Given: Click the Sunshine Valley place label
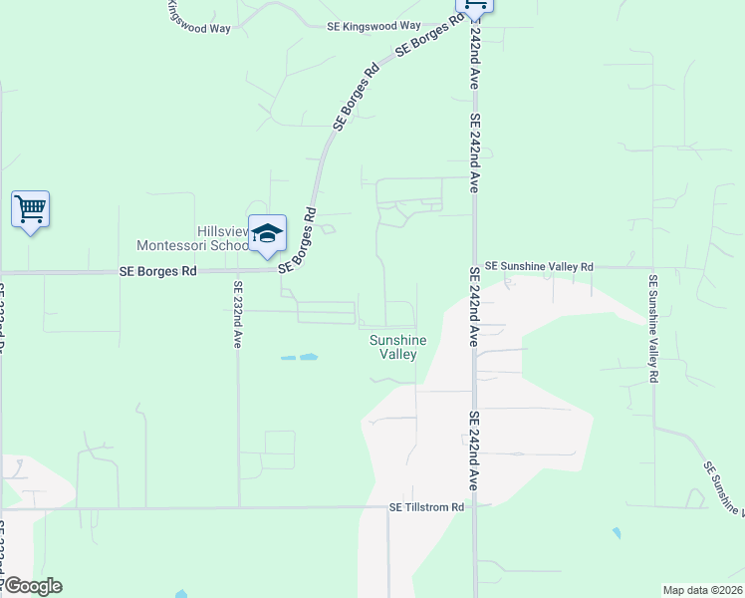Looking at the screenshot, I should (x=398, y=347).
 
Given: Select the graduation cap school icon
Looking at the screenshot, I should (x=267, y=233).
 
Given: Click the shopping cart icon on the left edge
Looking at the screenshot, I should (x=30, y=209).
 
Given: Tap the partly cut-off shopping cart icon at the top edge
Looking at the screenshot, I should (x=474, y=6).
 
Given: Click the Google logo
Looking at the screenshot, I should (x=32, y=586).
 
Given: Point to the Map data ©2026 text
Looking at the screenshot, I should (x=702, y=589).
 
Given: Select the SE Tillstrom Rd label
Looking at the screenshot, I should (x=427, y=507).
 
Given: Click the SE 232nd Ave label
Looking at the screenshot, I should (x=238, y=314).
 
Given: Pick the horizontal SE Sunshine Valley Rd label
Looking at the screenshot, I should (x=539, y=267).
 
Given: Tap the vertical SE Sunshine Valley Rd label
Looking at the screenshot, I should (x=653, y=330).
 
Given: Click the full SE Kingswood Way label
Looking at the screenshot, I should (x=374, y=26).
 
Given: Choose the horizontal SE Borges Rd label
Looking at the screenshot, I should (x=158, y=270).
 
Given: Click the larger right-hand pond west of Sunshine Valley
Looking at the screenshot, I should (x=309, y=356).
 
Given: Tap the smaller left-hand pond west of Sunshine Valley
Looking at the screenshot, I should (x=288, y=357).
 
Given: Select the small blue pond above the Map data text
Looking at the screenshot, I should (x=617, y=533).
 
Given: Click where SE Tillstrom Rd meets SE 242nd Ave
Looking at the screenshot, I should (x=474, y=507).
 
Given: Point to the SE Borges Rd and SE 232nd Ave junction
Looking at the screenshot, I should (x=238, y=270).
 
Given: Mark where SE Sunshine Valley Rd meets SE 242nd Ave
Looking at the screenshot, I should (x=474, y=267).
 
